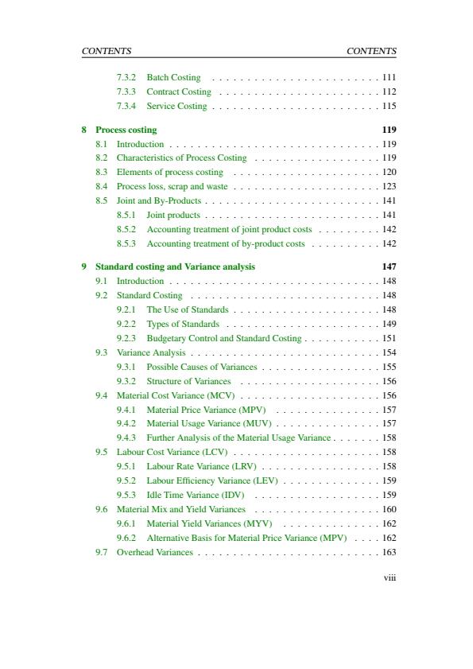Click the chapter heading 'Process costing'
pos(126,130)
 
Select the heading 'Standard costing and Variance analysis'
pos(175,266)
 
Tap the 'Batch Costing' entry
pos(173,77)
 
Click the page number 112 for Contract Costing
pos(389,91)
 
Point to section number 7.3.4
pos(126,106)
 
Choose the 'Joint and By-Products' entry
pos(158,200)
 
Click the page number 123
pos(389,186)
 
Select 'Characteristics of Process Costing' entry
pos(181,158)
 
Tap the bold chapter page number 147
pos(389,266)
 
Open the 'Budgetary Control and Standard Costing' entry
pos(223,338)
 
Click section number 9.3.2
pos(126,381)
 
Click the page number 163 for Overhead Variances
pos(389,552)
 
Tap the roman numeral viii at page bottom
pos(390,578)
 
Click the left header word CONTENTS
pos(106,51)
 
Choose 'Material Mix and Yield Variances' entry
pos(180,509)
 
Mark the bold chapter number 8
pos(84,130)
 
